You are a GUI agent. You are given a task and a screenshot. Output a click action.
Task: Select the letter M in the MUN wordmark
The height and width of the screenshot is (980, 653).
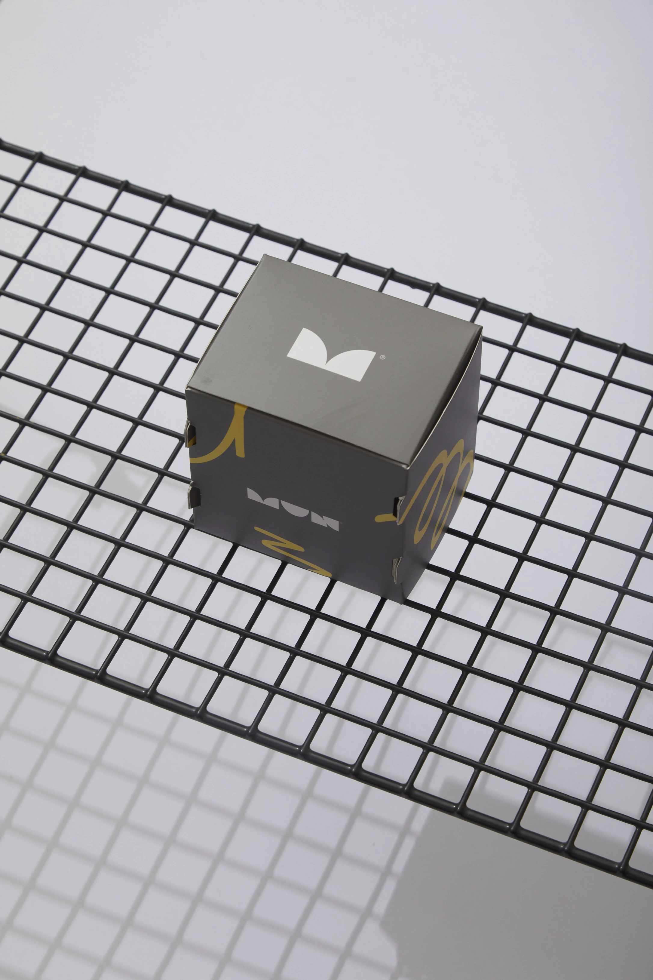pos(261,495)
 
